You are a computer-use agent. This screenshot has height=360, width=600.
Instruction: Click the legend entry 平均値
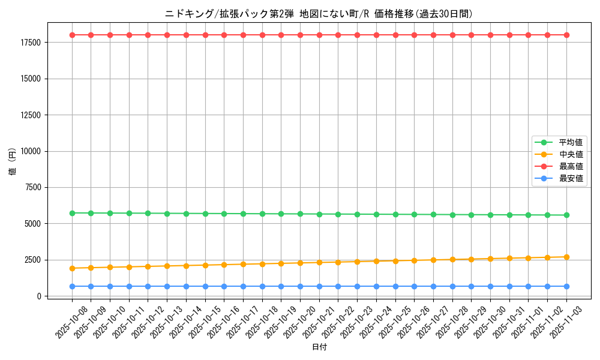point(571,142)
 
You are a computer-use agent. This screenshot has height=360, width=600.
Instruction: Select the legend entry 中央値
point(571,154)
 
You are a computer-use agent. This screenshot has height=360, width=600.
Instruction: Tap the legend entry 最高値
point(571,166)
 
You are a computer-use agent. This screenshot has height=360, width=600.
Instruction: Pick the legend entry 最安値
point(571,178)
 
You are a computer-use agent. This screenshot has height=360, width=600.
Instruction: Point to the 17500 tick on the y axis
point(29,43)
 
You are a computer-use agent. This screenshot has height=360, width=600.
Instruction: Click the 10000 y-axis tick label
point(29,151)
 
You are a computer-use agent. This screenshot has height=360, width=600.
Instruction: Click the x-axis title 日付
point(319,347)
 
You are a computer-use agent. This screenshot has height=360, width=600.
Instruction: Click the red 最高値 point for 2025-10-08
point(72,35)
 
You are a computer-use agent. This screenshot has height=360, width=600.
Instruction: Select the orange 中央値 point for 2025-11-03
point(566,257)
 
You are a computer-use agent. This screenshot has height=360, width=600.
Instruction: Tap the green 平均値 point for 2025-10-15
point(205,214)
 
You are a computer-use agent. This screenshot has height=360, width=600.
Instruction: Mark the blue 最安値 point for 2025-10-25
point(395,286)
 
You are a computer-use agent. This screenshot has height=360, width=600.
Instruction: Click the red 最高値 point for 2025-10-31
point(509,35)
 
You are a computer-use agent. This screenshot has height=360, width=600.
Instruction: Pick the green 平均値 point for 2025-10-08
point(72,213)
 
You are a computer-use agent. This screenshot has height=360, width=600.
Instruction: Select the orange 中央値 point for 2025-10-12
point(148,266)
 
